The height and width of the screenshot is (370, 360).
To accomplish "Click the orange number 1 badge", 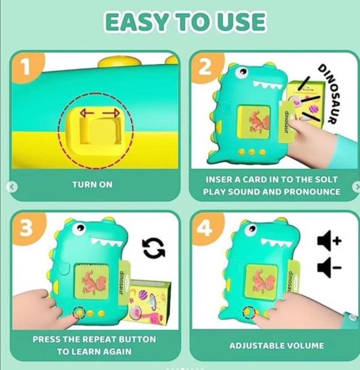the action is [x=26, y=67].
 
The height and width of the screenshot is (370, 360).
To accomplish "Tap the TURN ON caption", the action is [x=92, y=184].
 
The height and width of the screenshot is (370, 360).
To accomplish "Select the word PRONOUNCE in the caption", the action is [x=312, y=192].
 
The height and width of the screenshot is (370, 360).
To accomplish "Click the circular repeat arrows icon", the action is [x=154, y=248].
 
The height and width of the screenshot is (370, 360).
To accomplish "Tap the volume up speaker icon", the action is [x=329, y=241].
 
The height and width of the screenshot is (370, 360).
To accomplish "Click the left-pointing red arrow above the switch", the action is [x=87, y=113].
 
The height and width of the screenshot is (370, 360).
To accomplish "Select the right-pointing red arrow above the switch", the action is [x=112, y=113].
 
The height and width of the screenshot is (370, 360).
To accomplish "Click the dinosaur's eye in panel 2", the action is [x=242, y=72].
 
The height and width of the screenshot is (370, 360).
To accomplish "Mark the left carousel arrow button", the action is [x=12, y=187].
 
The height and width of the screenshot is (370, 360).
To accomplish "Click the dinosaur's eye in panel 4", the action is [x=251, y=229].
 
